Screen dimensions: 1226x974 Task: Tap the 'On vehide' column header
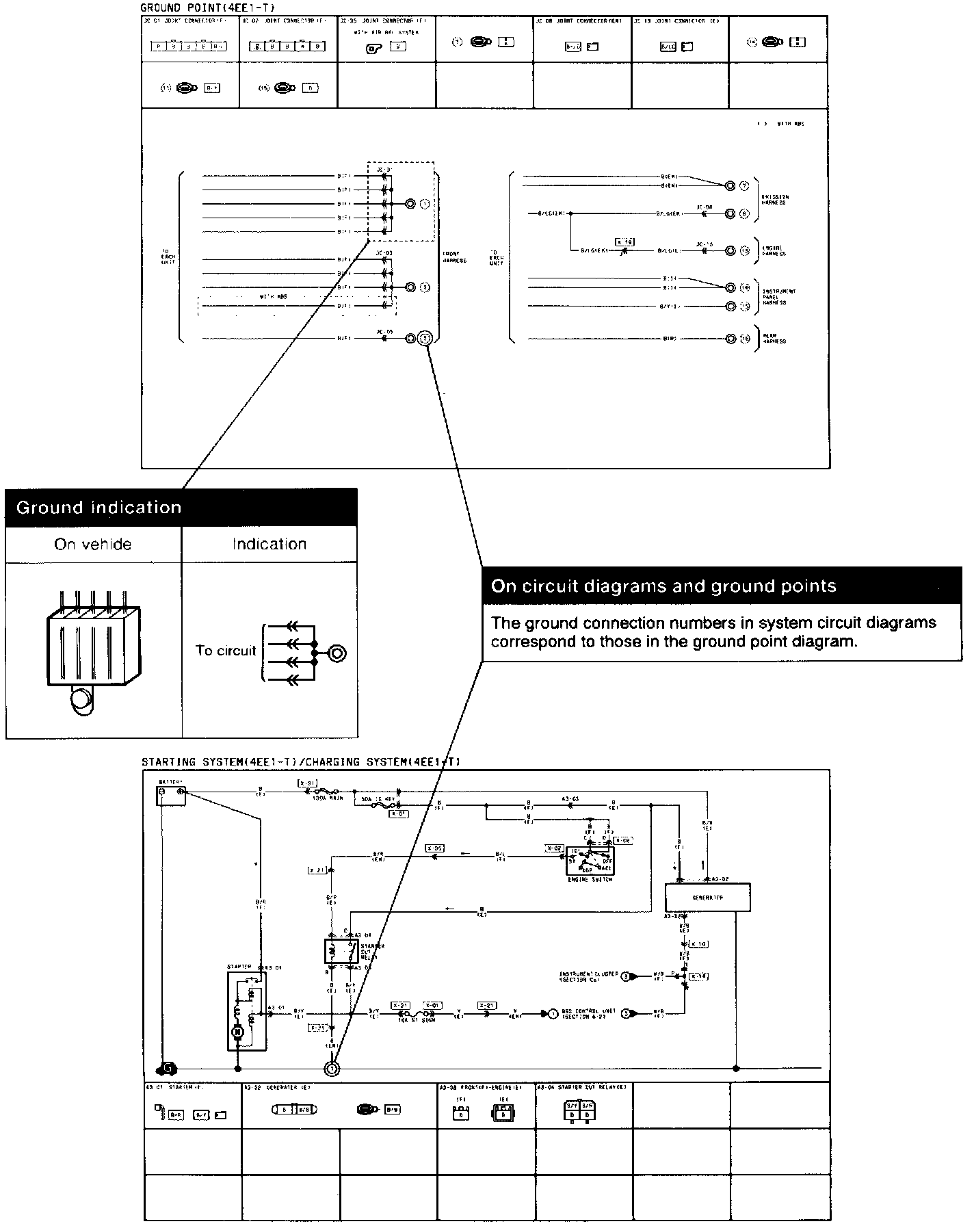click(93, 545)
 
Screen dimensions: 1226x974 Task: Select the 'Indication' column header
click(269, 545)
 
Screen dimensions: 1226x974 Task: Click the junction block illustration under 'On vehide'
click(93, 650)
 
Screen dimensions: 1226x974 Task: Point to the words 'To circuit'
click(226, 651)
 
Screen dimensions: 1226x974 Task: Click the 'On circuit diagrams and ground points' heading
click(663, 586)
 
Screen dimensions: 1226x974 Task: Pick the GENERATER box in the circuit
click(708, 897)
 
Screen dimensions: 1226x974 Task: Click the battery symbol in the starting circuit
click(170, 796)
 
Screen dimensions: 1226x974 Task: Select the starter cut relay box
click(341, 950)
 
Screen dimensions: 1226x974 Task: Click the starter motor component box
click(247, 1011)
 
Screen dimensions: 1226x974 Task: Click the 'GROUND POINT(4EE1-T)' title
click(207, 8)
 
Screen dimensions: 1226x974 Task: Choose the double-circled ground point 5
click(425, 338)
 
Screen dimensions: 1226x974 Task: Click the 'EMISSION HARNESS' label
click(774, 200)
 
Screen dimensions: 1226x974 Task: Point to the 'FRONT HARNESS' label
click(454, 257)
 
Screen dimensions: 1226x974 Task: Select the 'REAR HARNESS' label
click(774, 338)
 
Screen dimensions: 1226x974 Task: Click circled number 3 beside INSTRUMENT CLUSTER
click(624, 976)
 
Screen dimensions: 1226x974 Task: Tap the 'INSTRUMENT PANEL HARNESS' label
click(778, 297)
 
